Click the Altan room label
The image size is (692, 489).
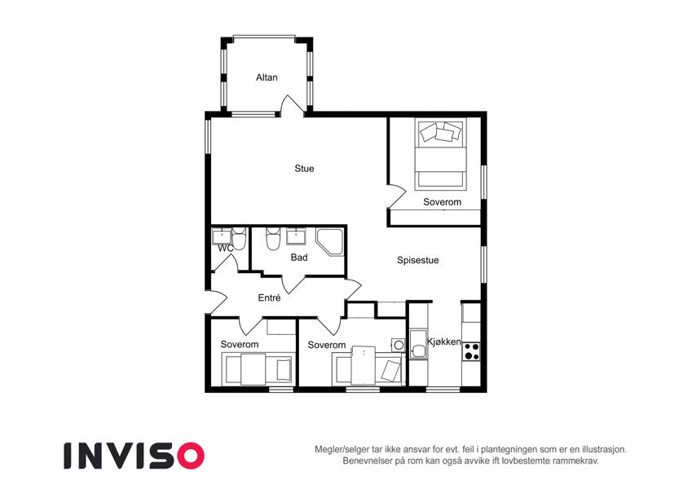click(267, 77)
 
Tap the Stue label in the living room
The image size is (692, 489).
click(304, 168)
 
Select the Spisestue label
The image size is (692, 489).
click(417, 260)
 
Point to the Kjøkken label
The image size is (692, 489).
click(444, 341)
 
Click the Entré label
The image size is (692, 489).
click(269, 297)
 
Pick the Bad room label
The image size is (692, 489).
click(299, 257)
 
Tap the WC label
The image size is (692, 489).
click(226, 249)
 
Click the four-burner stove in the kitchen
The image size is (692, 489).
click(471, 351)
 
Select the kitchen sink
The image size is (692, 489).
click(417, 344)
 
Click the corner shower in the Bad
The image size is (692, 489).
click(329, 241)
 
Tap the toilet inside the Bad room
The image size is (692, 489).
click(272, 239)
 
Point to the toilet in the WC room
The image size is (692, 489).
click(239, 239)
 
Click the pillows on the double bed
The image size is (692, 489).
click(440, 131)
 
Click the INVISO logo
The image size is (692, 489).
click(134, 456)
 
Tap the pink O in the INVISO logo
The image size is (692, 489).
click(191, 456)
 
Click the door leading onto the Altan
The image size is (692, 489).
click(292, 105)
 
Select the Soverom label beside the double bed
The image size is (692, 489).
click(443, 201)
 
